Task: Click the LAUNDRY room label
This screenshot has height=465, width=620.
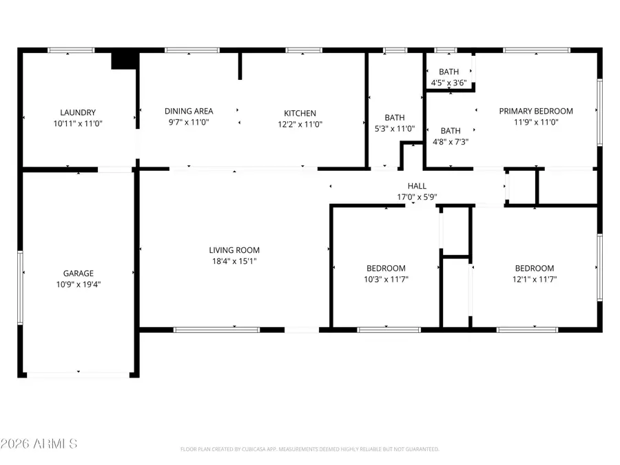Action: (77, 112)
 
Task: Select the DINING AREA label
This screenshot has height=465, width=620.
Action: (188, 111)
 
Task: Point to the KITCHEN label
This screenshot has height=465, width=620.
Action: (300, 114)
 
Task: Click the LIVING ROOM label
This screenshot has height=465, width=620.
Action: (234, 250)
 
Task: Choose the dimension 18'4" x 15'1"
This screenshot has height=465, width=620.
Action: (234, 260)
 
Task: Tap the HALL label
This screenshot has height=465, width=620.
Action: (417, 186)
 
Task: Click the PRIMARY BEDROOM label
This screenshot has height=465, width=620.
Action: (536, 111)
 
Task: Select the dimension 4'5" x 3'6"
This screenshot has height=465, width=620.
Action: (448, 83)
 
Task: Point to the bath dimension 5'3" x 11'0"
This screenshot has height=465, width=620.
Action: (395, 128)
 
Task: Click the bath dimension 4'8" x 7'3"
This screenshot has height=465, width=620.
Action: (451, 141)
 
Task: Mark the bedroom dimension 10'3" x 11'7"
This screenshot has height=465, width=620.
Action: (386, 279)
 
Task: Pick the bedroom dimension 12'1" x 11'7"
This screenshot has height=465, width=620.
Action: (535, 279)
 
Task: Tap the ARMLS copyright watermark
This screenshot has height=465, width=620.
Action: (39, 444)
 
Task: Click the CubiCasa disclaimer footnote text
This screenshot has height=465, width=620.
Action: (309, 449)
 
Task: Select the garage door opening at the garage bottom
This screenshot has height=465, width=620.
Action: (78, 374)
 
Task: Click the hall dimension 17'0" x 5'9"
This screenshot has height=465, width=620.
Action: (417, 196)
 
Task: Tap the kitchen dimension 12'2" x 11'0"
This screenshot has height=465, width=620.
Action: (300, 125)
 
